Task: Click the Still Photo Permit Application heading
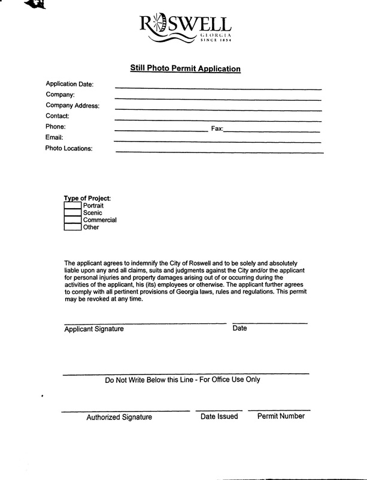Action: [x=186, y=69]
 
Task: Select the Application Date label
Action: [x=69, y=85]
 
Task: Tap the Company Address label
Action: [x=72, y=106]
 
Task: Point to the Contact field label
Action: [x=57, y=116]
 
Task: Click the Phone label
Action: [x=55, y=127]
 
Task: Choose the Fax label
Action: [x=217, y=129]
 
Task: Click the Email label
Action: [x=54, y=137]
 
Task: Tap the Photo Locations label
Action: [x=69, y=149]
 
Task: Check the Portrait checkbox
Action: [x=72, y=206]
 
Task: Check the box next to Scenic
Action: [x=72, y=213]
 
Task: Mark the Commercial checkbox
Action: [x=72, y=220]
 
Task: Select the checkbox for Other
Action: [x=72, y=227]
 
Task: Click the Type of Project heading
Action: [x=87, y=199]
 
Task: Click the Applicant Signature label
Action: [x=94, y=329]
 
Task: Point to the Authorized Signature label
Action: [x=119, y=417]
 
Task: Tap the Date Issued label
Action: [x=219, y=416]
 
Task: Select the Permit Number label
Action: [x=281, y=416]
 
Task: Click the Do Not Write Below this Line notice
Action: [x=183, y=380]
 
